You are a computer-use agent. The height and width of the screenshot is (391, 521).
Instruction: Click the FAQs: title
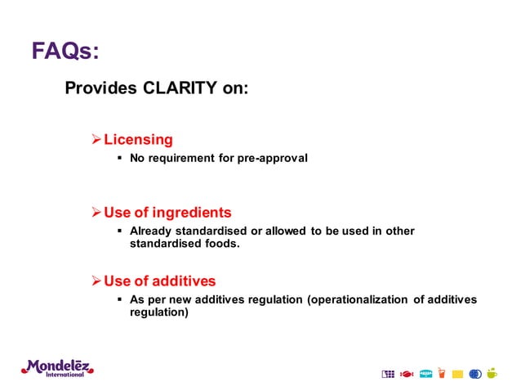(x=65, y=51)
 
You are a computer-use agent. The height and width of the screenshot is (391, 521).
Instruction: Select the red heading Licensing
(x=137, y=139)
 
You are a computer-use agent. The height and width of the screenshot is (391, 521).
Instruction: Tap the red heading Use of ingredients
(x=167, y=213)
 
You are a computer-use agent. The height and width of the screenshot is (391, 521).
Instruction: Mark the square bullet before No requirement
(x=120, y=158)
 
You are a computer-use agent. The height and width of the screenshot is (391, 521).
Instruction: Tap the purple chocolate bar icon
(x=387, y=374)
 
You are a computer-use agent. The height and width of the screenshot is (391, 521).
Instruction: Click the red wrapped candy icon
(x=407, y=374)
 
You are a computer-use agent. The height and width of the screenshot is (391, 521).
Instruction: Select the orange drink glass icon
(x=442, y=374)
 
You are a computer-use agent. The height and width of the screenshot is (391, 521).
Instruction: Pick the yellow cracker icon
(x=457, y=374)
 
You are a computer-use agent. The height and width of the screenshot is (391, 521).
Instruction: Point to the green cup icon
(x=492, y=373)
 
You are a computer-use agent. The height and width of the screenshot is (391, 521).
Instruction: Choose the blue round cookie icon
(x=475, y=374)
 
